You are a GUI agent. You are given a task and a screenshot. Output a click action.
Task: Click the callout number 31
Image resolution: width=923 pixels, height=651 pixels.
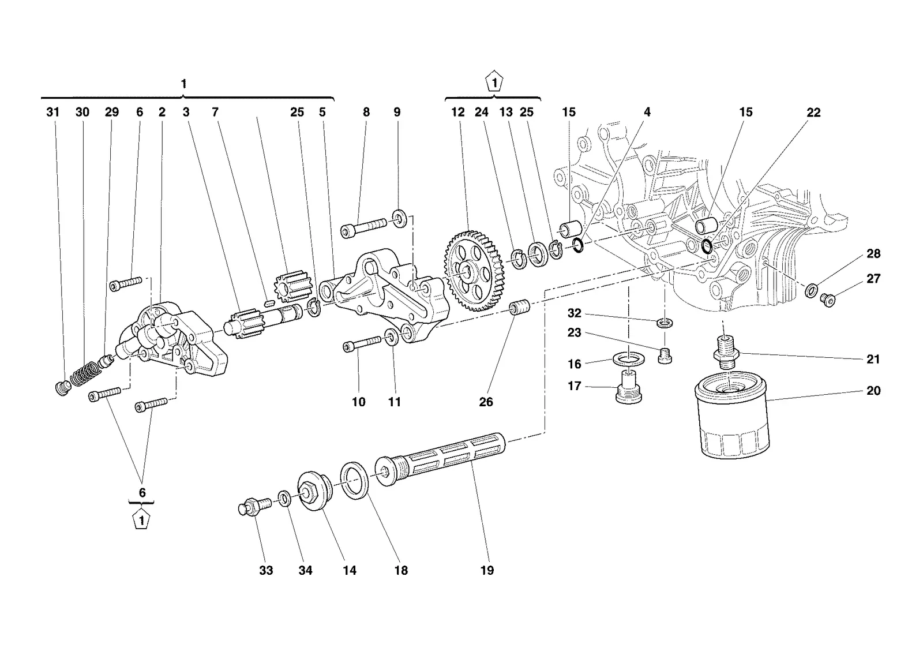click(x=52, y=112)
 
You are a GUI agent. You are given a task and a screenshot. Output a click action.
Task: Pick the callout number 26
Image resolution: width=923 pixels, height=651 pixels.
click(x=486, y=402)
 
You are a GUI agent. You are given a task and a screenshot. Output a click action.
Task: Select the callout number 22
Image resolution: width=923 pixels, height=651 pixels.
click(x=813, y=113)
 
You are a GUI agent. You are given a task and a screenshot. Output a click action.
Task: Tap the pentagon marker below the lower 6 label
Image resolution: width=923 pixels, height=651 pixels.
click(x=141, y=520)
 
